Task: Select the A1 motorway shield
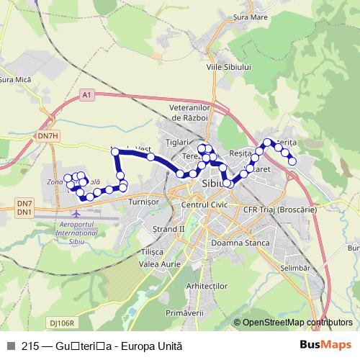[x=87, y=94]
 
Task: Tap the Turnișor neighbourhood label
[x=142, y=203]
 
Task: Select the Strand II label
[x=169, y=229]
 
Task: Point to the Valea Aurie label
[x=159, y=263]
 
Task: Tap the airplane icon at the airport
[x=77, y=214]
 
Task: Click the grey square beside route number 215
[x=10, y=346]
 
